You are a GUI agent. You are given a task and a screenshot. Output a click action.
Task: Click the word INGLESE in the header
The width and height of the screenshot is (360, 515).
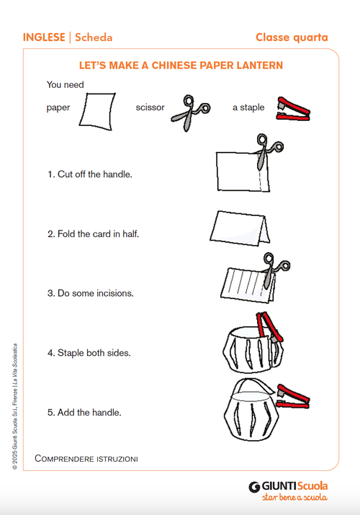pos(43,37)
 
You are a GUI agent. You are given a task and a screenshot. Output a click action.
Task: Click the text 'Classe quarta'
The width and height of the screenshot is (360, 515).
pos(292,37)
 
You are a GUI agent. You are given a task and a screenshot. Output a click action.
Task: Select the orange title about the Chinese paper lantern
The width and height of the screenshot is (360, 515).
pos(180,66)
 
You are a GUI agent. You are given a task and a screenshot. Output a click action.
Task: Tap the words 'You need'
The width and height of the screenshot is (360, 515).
pos(65,85)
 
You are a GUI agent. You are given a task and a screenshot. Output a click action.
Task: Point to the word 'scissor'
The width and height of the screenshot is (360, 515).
pos(150,108)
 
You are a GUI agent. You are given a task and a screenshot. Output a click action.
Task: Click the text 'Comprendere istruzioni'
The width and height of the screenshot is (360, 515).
pos(86,459)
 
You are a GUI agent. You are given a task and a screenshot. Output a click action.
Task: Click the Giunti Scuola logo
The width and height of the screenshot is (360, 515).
pos(288,490)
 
